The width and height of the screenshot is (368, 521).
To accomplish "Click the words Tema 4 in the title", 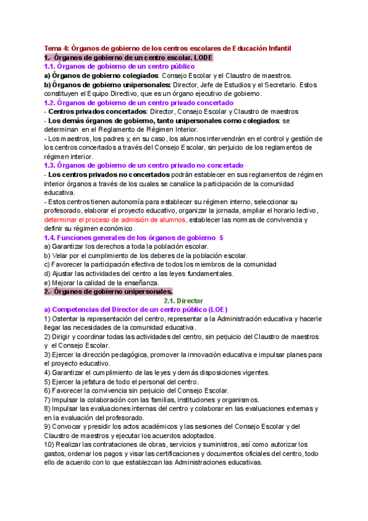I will (56, 48).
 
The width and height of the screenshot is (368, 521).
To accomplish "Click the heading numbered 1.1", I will (119, 66).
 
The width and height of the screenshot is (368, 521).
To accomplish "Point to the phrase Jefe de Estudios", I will (214, 85).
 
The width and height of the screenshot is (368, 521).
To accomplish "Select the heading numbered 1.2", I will (139, 103).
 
